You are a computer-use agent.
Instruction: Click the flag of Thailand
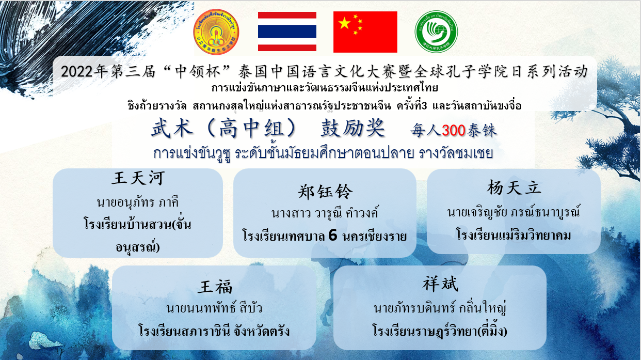pos(287,31)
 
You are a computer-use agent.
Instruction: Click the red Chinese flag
pos(365,32)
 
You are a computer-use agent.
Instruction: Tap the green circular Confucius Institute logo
pos(436,32)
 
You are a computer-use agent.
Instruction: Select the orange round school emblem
pos(216,32)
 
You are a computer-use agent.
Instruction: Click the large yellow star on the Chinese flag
pos(345,23)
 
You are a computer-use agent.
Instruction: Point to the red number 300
pos(454,131)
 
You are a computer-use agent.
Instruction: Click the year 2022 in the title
pos(77,72)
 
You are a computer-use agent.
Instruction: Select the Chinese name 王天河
pos(138,178)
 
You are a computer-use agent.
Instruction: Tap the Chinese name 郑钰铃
pos(325,192)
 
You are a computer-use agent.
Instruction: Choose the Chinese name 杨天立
pos(514,188)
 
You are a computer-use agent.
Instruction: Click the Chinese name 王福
pos(215,287)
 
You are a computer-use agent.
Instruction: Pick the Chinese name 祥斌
pos(440,284)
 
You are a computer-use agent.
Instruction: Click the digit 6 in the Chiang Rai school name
pos(333,236)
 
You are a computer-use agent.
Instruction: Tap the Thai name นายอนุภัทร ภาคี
pos(138,202)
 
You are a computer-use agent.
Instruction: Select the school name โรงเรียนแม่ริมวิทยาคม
pos(514,235)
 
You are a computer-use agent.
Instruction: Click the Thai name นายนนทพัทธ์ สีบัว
pos(214,308)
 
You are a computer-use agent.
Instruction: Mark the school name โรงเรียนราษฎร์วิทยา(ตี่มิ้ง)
pos(440,330)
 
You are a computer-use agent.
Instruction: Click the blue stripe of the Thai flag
pos(287,32)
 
